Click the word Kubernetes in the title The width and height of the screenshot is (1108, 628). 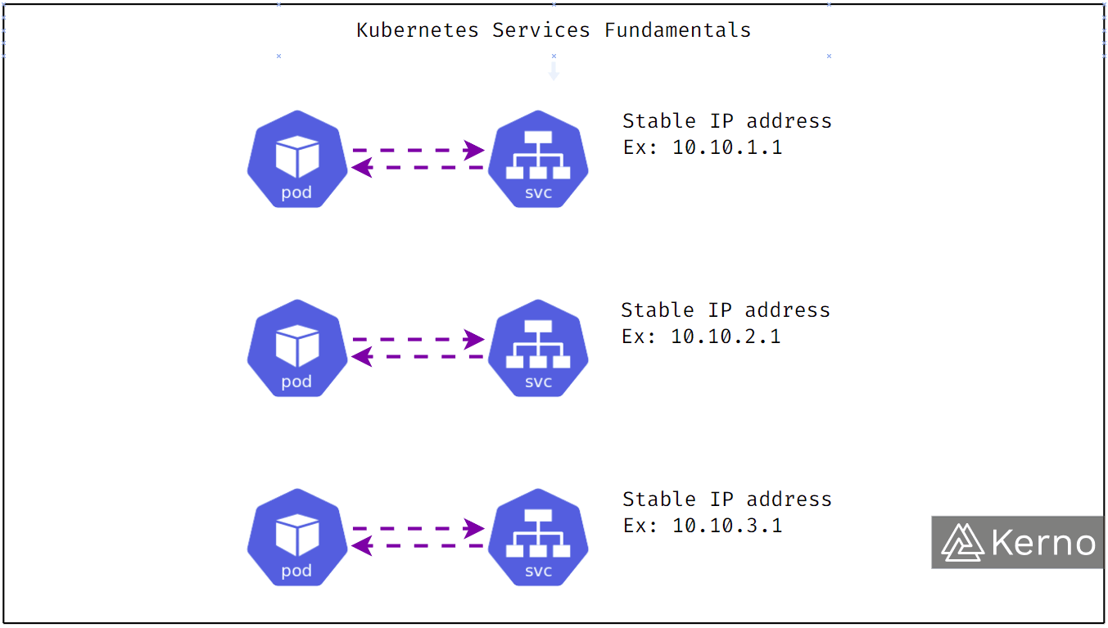pyautogui.click(x=418, y=30)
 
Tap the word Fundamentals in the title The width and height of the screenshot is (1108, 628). pyautogui.click(x=677, y=30)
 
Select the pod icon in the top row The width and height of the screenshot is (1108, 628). pyautogui.click(x=297, y=159)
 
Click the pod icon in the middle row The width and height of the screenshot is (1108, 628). pyautogui.click(x=297, y=348)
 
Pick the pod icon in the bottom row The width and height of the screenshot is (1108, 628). pyautogui.click(x=297, y=537)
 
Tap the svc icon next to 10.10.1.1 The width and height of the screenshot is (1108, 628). pyautogui.click(x=538, y=159)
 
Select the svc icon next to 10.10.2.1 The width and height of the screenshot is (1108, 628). pyautogui.click(x=538, y=348)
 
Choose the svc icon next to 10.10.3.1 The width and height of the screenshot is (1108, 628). pyautogui.click(x=538, y=537)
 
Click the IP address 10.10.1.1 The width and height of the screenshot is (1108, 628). pyautogui.click(x=727, y=148)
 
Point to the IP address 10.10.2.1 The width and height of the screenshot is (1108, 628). pyautogui.click(x=726, y=337)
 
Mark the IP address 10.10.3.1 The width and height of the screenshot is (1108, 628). pyautogui.click(x=727, y=526)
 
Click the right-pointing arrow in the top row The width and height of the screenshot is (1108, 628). pyautogui.click(x=418, y=150)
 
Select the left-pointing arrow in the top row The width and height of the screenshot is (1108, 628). pyautogui.click(x=417, y=168)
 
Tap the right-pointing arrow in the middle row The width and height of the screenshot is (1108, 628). pyautogui.click(x=418, y=339)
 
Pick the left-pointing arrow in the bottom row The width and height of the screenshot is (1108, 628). pyautogui.click(x=417, y=546)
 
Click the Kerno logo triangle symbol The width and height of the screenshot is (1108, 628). pyautogui.click(x=962, y=542)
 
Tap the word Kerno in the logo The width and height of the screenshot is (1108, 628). pyautogui.click(x=1043, y=543)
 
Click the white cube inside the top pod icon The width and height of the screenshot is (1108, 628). pyautogui.click(x=297, y=156)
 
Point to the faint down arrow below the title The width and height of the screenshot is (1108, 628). pyautogui.click(x=554, y=72)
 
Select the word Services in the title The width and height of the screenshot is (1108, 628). pyautogui.click(x=540, y=30)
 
